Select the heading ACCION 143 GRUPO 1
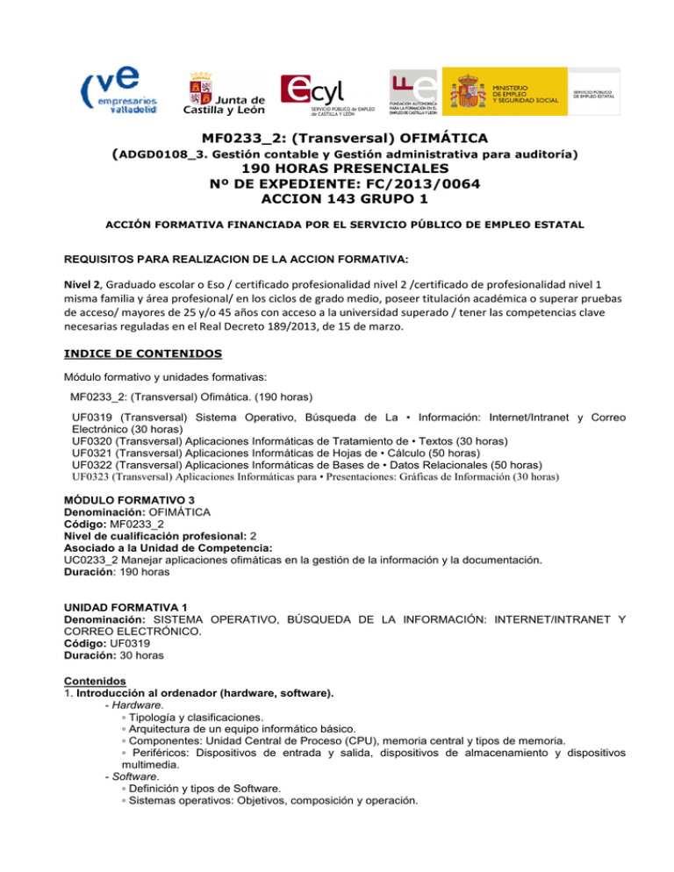point(337,200)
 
